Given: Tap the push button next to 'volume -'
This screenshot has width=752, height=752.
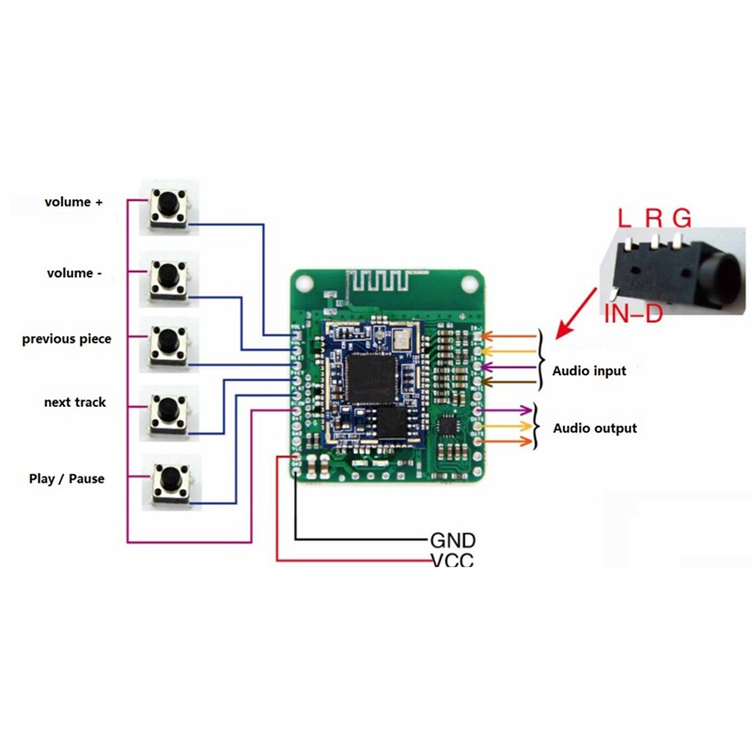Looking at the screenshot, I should pos(169,276).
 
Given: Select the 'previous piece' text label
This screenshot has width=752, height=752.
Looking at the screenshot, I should pos(66,338).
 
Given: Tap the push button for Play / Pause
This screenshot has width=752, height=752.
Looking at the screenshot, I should pos(169,479).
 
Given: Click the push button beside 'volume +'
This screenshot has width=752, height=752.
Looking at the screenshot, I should pos(169,207).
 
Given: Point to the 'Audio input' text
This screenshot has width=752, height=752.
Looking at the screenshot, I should pos(589,371).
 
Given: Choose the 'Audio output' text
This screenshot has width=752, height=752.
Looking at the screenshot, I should pos(594,429).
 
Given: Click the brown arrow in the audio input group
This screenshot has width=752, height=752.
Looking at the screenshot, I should pos(512,382).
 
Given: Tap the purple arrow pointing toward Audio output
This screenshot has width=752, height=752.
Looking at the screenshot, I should pos(508,411).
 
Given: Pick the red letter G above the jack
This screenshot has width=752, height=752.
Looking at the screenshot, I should pos(682,219).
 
